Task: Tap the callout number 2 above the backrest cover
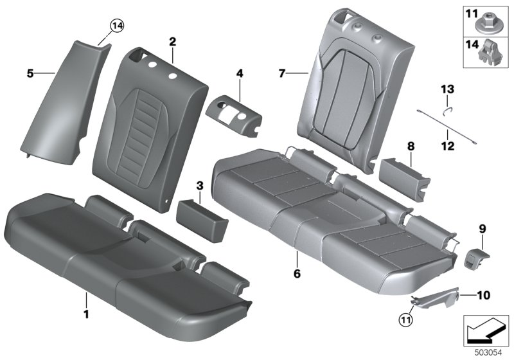tap(172, 42)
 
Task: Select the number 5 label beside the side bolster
tap(30, 74)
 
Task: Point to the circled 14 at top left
tap(116, 26)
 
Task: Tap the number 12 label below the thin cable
tap(448, 147)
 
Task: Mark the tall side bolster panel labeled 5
tap(61, 96)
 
